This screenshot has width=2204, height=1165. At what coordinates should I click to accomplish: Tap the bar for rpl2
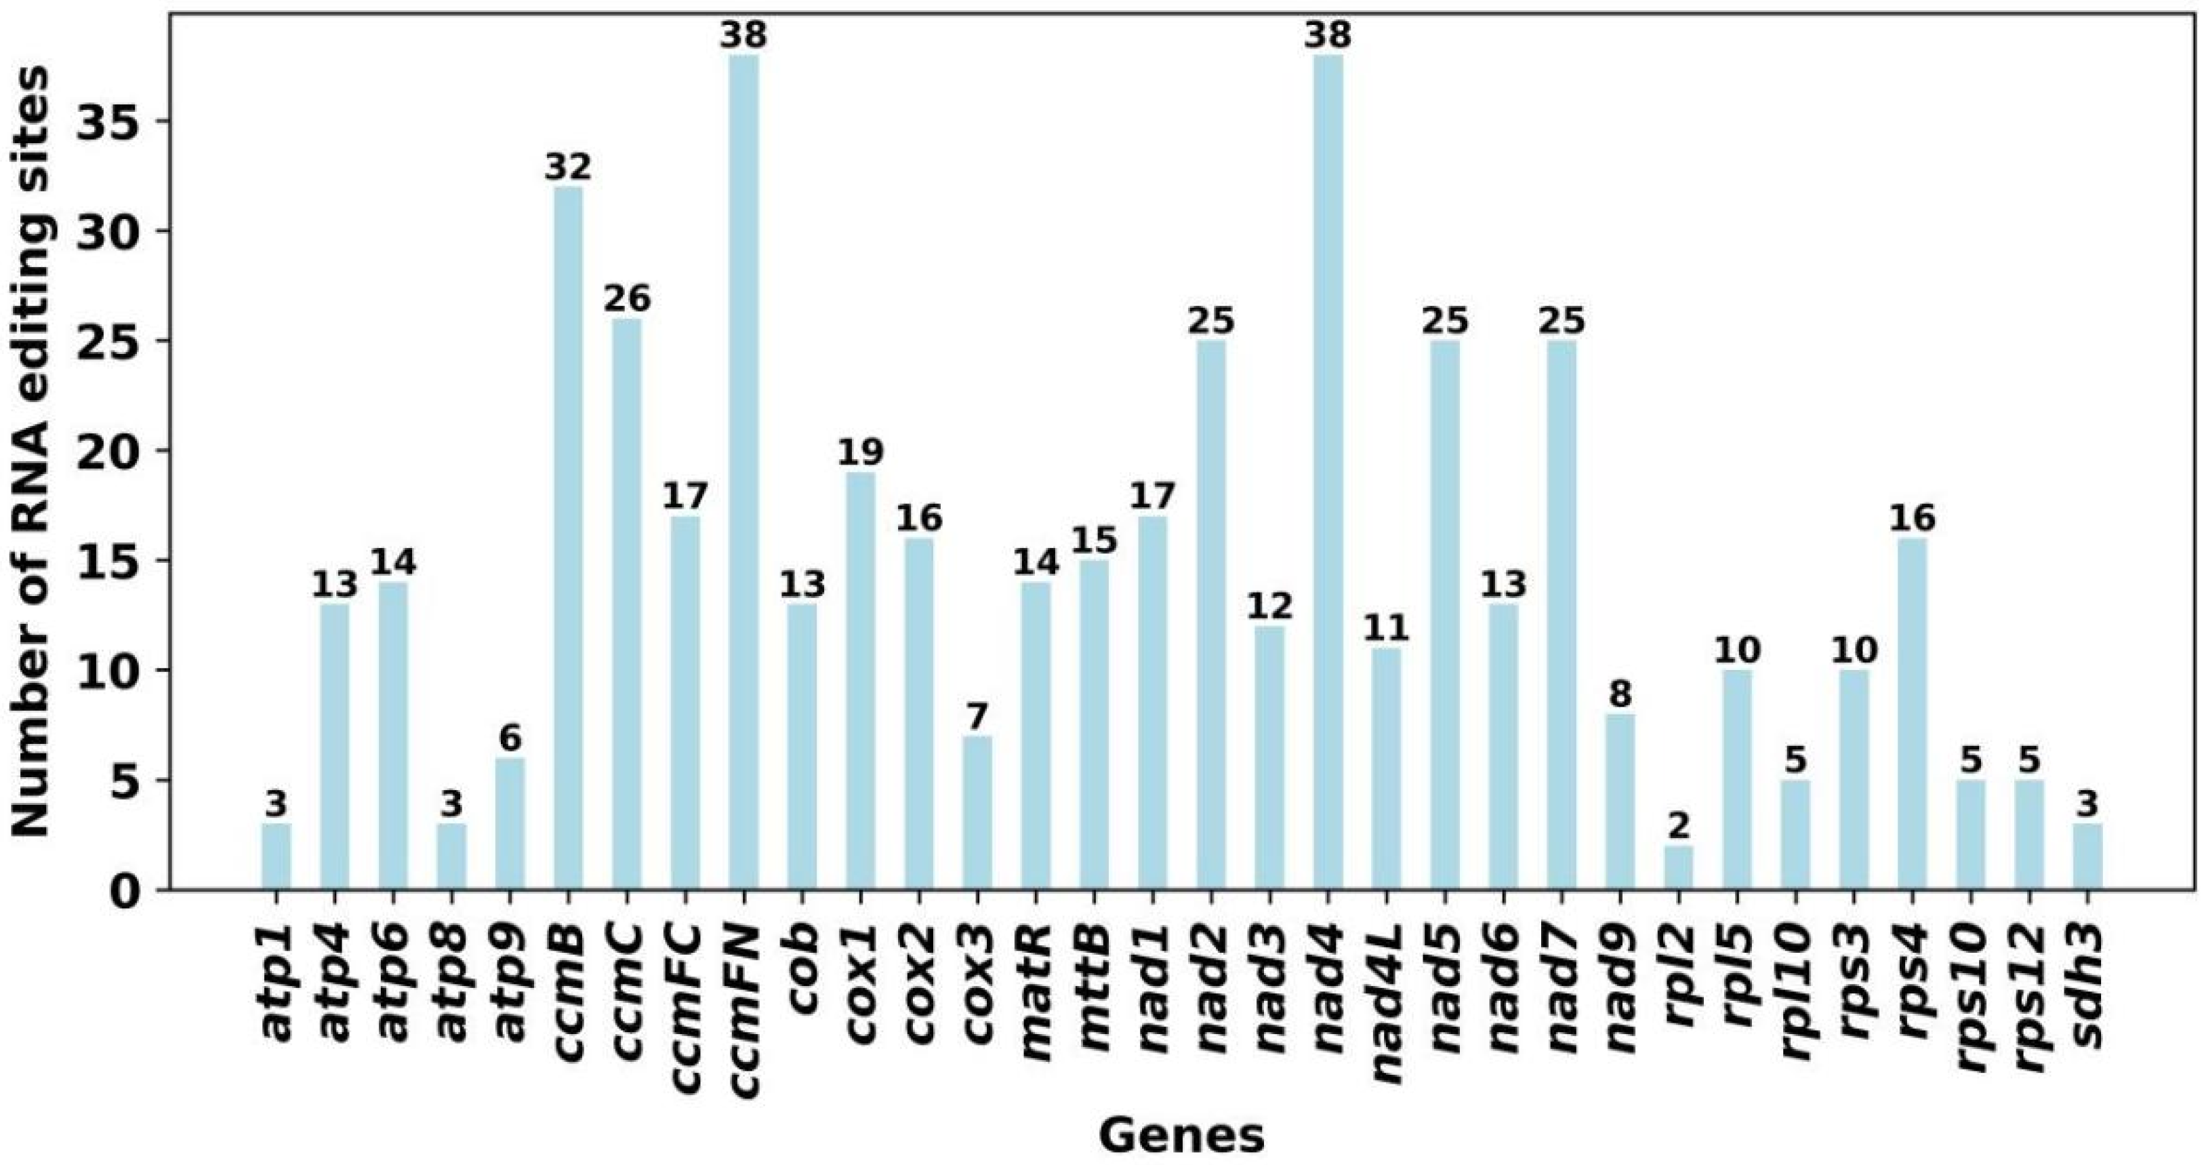(1679, 868)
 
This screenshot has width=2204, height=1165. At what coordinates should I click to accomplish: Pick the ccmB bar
(568, 538)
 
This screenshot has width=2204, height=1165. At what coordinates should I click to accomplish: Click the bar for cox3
(977, 813)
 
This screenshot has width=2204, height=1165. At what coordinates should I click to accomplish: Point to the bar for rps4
(1913, 714)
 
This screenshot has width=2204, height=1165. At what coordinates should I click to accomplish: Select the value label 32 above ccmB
(568, 167)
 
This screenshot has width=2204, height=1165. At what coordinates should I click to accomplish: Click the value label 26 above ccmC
(627, 299)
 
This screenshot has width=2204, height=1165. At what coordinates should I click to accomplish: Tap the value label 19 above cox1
(861, 452)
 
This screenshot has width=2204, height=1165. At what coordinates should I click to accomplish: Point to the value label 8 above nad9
(1620, 694)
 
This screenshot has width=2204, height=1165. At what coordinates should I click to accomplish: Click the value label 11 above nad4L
(1386, 629)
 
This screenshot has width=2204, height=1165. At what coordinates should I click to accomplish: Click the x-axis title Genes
(1181, 1135)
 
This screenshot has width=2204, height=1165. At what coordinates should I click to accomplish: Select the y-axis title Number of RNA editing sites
(33, 454)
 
